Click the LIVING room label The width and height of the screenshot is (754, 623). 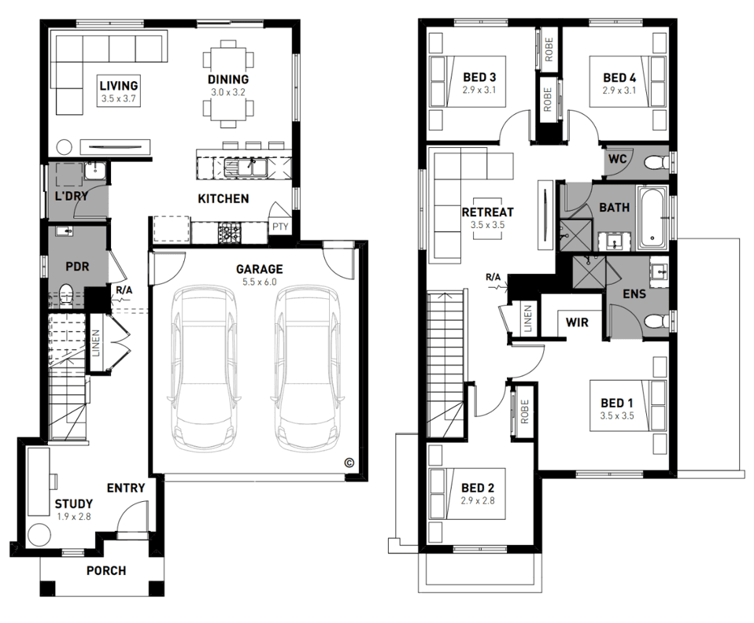[x=119, y=86]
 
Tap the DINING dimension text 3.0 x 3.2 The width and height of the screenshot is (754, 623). [x=227, y=92]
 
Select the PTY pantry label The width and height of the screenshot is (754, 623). [x=280, y=226]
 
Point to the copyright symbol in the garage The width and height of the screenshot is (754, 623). [x=349, y=463]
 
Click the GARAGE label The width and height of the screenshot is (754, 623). [x=259, y=269]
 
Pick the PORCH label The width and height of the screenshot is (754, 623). [x=106, y=570]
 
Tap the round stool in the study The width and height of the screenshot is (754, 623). [x=39, y=534]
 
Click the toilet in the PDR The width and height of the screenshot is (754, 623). [x=65, y=294]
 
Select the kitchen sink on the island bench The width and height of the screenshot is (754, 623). [x=246, y=168]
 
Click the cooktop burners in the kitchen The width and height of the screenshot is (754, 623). [x=229, y=233]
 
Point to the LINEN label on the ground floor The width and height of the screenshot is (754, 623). [x=95, y=343]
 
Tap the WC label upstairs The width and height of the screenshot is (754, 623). [x=617, y=158]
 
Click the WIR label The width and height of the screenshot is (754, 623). [x=577, y=322]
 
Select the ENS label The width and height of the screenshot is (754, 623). [x=634, y=293]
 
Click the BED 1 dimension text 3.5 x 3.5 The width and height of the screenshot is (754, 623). [x=617, y=416]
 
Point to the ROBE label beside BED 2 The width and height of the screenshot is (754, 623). [x=525, y=411]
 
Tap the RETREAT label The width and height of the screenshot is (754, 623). [x=488, y=212]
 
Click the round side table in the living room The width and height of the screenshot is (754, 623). [x=64, y=146]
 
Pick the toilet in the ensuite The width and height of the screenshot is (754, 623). [x=656, y=321]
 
